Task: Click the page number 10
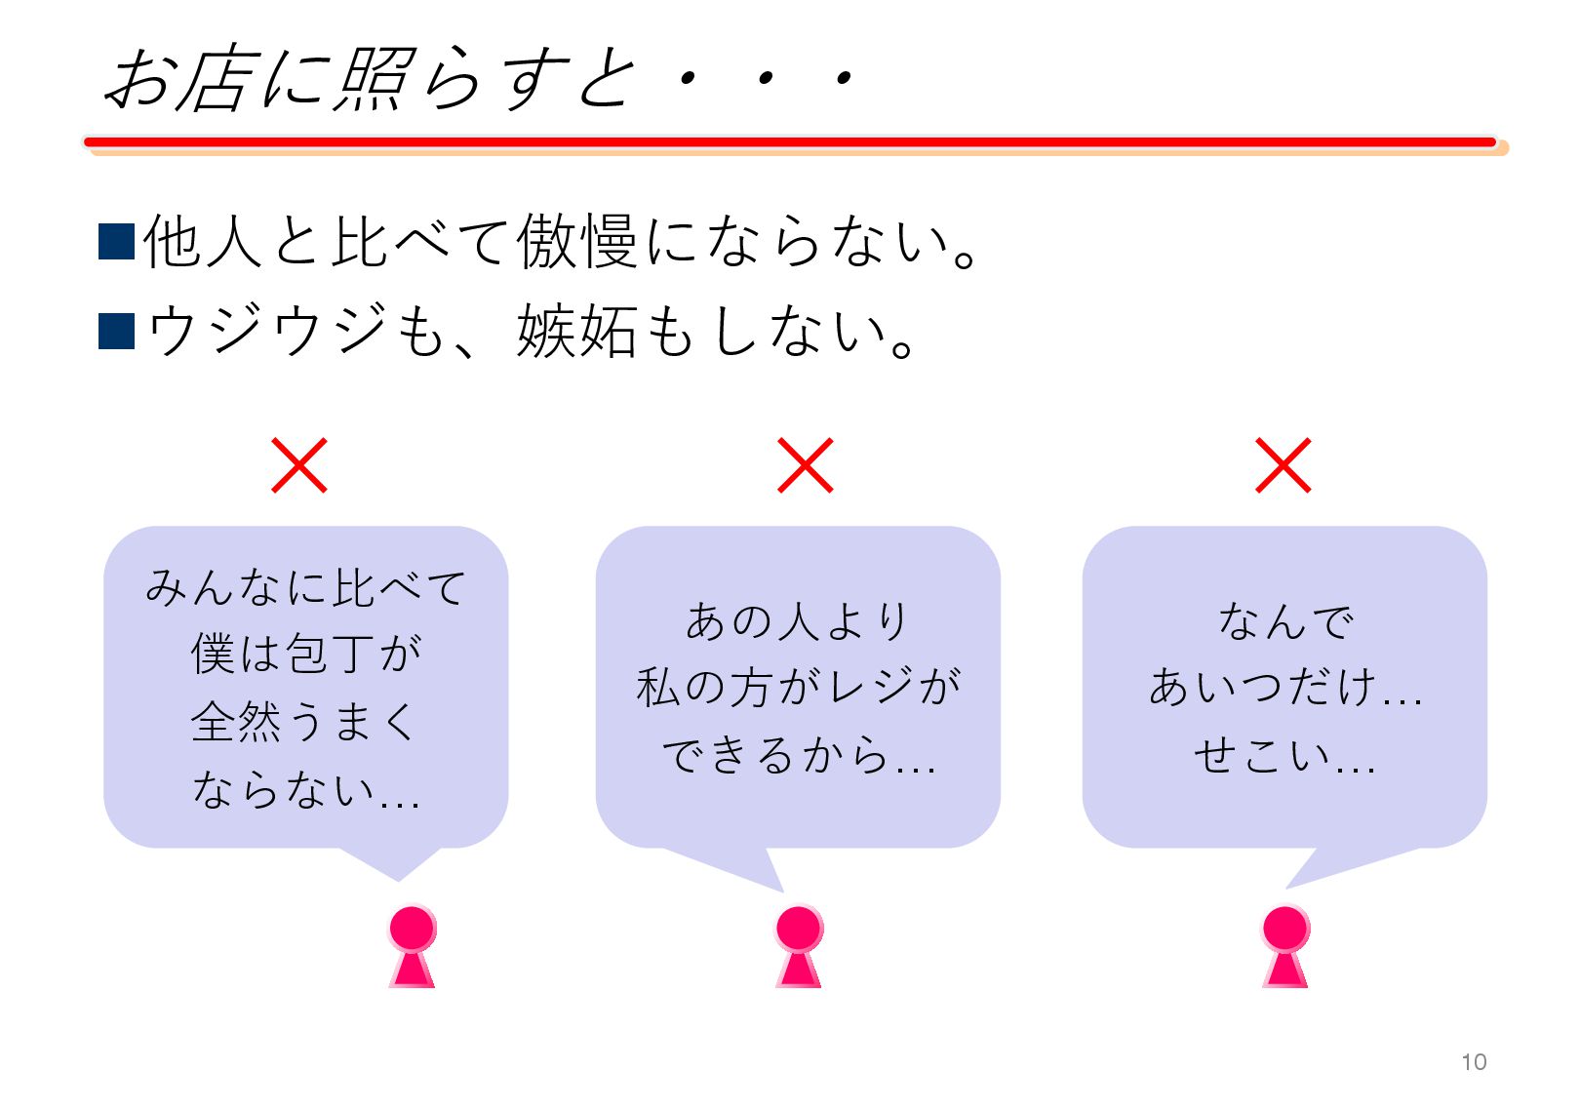[1473, 1062]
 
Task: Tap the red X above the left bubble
[299, 465]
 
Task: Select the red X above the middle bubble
[806, 465]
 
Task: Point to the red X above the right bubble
[1283, 465]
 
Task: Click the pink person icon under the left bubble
[413, 946]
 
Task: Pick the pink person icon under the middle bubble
[799, 946]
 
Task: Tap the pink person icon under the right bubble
[1285, 946]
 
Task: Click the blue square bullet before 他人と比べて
[117, 242]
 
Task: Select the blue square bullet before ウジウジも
[117, 331]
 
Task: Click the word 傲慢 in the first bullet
[577, 242]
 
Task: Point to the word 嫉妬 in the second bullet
[577, 332]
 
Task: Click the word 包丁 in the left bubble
[329, 654]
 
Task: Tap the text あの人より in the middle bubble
[798, 621]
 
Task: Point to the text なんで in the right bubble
[1285, 621]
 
